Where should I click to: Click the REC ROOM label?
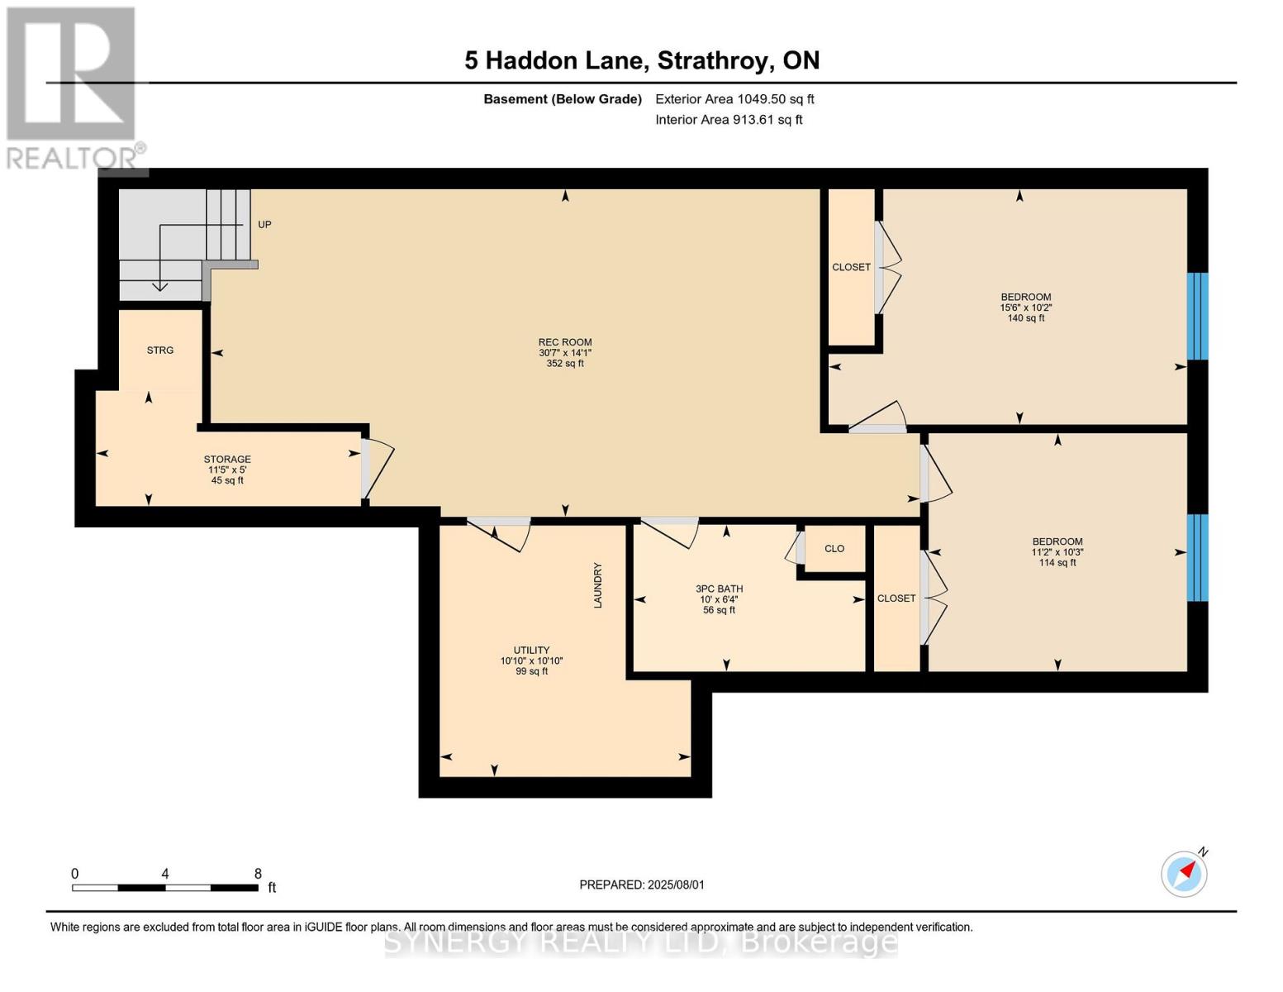[565, 352]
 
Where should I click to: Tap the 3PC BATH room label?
[719, 599]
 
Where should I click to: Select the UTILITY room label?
[531, 660]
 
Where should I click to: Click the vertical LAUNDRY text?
[597, 585]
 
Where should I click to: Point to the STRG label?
[160, 351]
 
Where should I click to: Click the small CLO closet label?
[834, 549]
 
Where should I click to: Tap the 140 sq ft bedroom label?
[1025, 307]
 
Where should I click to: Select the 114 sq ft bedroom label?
[1057, 551]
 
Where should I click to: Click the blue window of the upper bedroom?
[1197, 316]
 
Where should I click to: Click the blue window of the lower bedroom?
[1197, 558]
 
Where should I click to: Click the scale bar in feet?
[165, 888]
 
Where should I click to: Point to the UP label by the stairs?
[264, 225]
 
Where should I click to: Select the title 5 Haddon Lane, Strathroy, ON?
[642, 60]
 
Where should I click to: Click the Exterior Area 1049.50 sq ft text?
[734, 99]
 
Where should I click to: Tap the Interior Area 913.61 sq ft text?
[729, 120]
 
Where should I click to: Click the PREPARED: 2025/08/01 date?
[642, 885]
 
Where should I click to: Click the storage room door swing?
[378, 470]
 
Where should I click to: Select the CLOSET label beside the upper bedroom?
[851, 267]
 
